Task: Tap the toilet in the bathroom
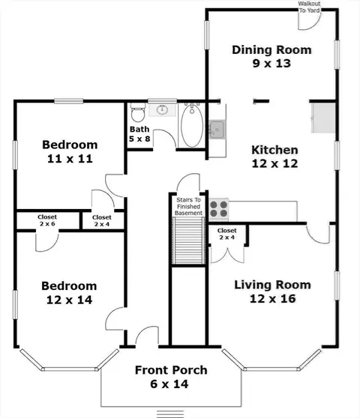click(138, 112)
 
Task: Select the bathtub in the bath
click(192, 126)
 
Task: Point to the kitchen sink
click(217, 130)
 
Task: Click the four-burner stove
click(218, 209)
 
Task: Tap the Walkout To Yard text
click(309, 7)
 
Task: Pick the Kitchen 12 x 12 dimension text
click(274, 163)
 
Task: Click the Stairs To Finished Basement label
click(189, 206)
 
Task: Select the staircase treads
click(189, 240)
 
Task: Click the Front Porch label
click(171, 370)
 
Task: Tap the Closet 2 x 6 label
click(47, 220)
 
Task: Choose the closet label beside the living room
click(226, 234)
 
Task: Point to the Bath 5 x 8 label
click(139, 134)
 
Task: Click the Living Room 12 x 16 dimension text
click(273, 299)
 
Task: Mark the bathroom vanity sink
click(162, 110)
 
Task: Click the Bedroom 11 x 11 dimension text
click(70, 159)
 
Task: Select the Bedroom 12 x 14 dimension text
click(70, 300)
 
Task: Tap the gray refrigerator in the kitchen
click(323, 118)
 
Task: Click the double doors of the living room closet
click(227, 255)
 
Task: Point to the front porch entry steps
click(170, 414)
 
